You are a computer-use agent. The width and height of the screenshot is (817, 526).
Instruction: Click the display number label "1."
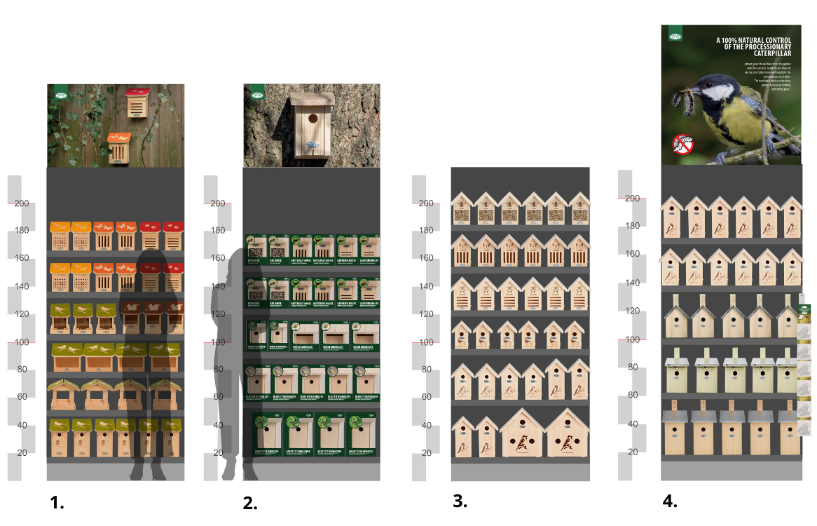coord(57,502)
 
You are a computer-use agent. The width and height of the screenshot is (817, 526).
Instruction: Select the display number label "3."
coord(460,501)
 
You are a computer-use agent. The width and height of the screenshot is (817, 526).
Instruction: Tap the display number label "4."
coord(670,501)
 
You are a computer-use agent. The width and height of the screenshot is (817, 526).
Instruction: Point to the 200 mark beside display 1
coord(22,203)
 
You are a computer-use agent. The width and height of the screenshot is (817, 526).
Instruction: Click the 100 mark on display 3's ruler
coord(426,342)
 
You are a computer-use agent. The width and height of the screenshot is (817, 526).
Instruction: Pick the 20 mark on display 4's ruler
coord(633,452)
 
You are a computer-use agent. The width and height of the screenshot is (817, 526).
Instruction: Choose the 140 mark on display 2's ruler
coord(219,286)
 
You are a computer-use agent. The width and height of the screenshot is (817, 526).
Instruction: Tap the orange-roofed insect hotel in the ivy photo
coord(119,146)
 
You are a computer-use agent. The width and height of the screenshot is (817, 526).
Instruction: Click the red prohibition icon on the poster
coord(682,145)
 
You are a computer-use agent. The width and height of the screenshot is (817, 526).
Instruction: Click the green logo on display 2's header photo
coord(254,93)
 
